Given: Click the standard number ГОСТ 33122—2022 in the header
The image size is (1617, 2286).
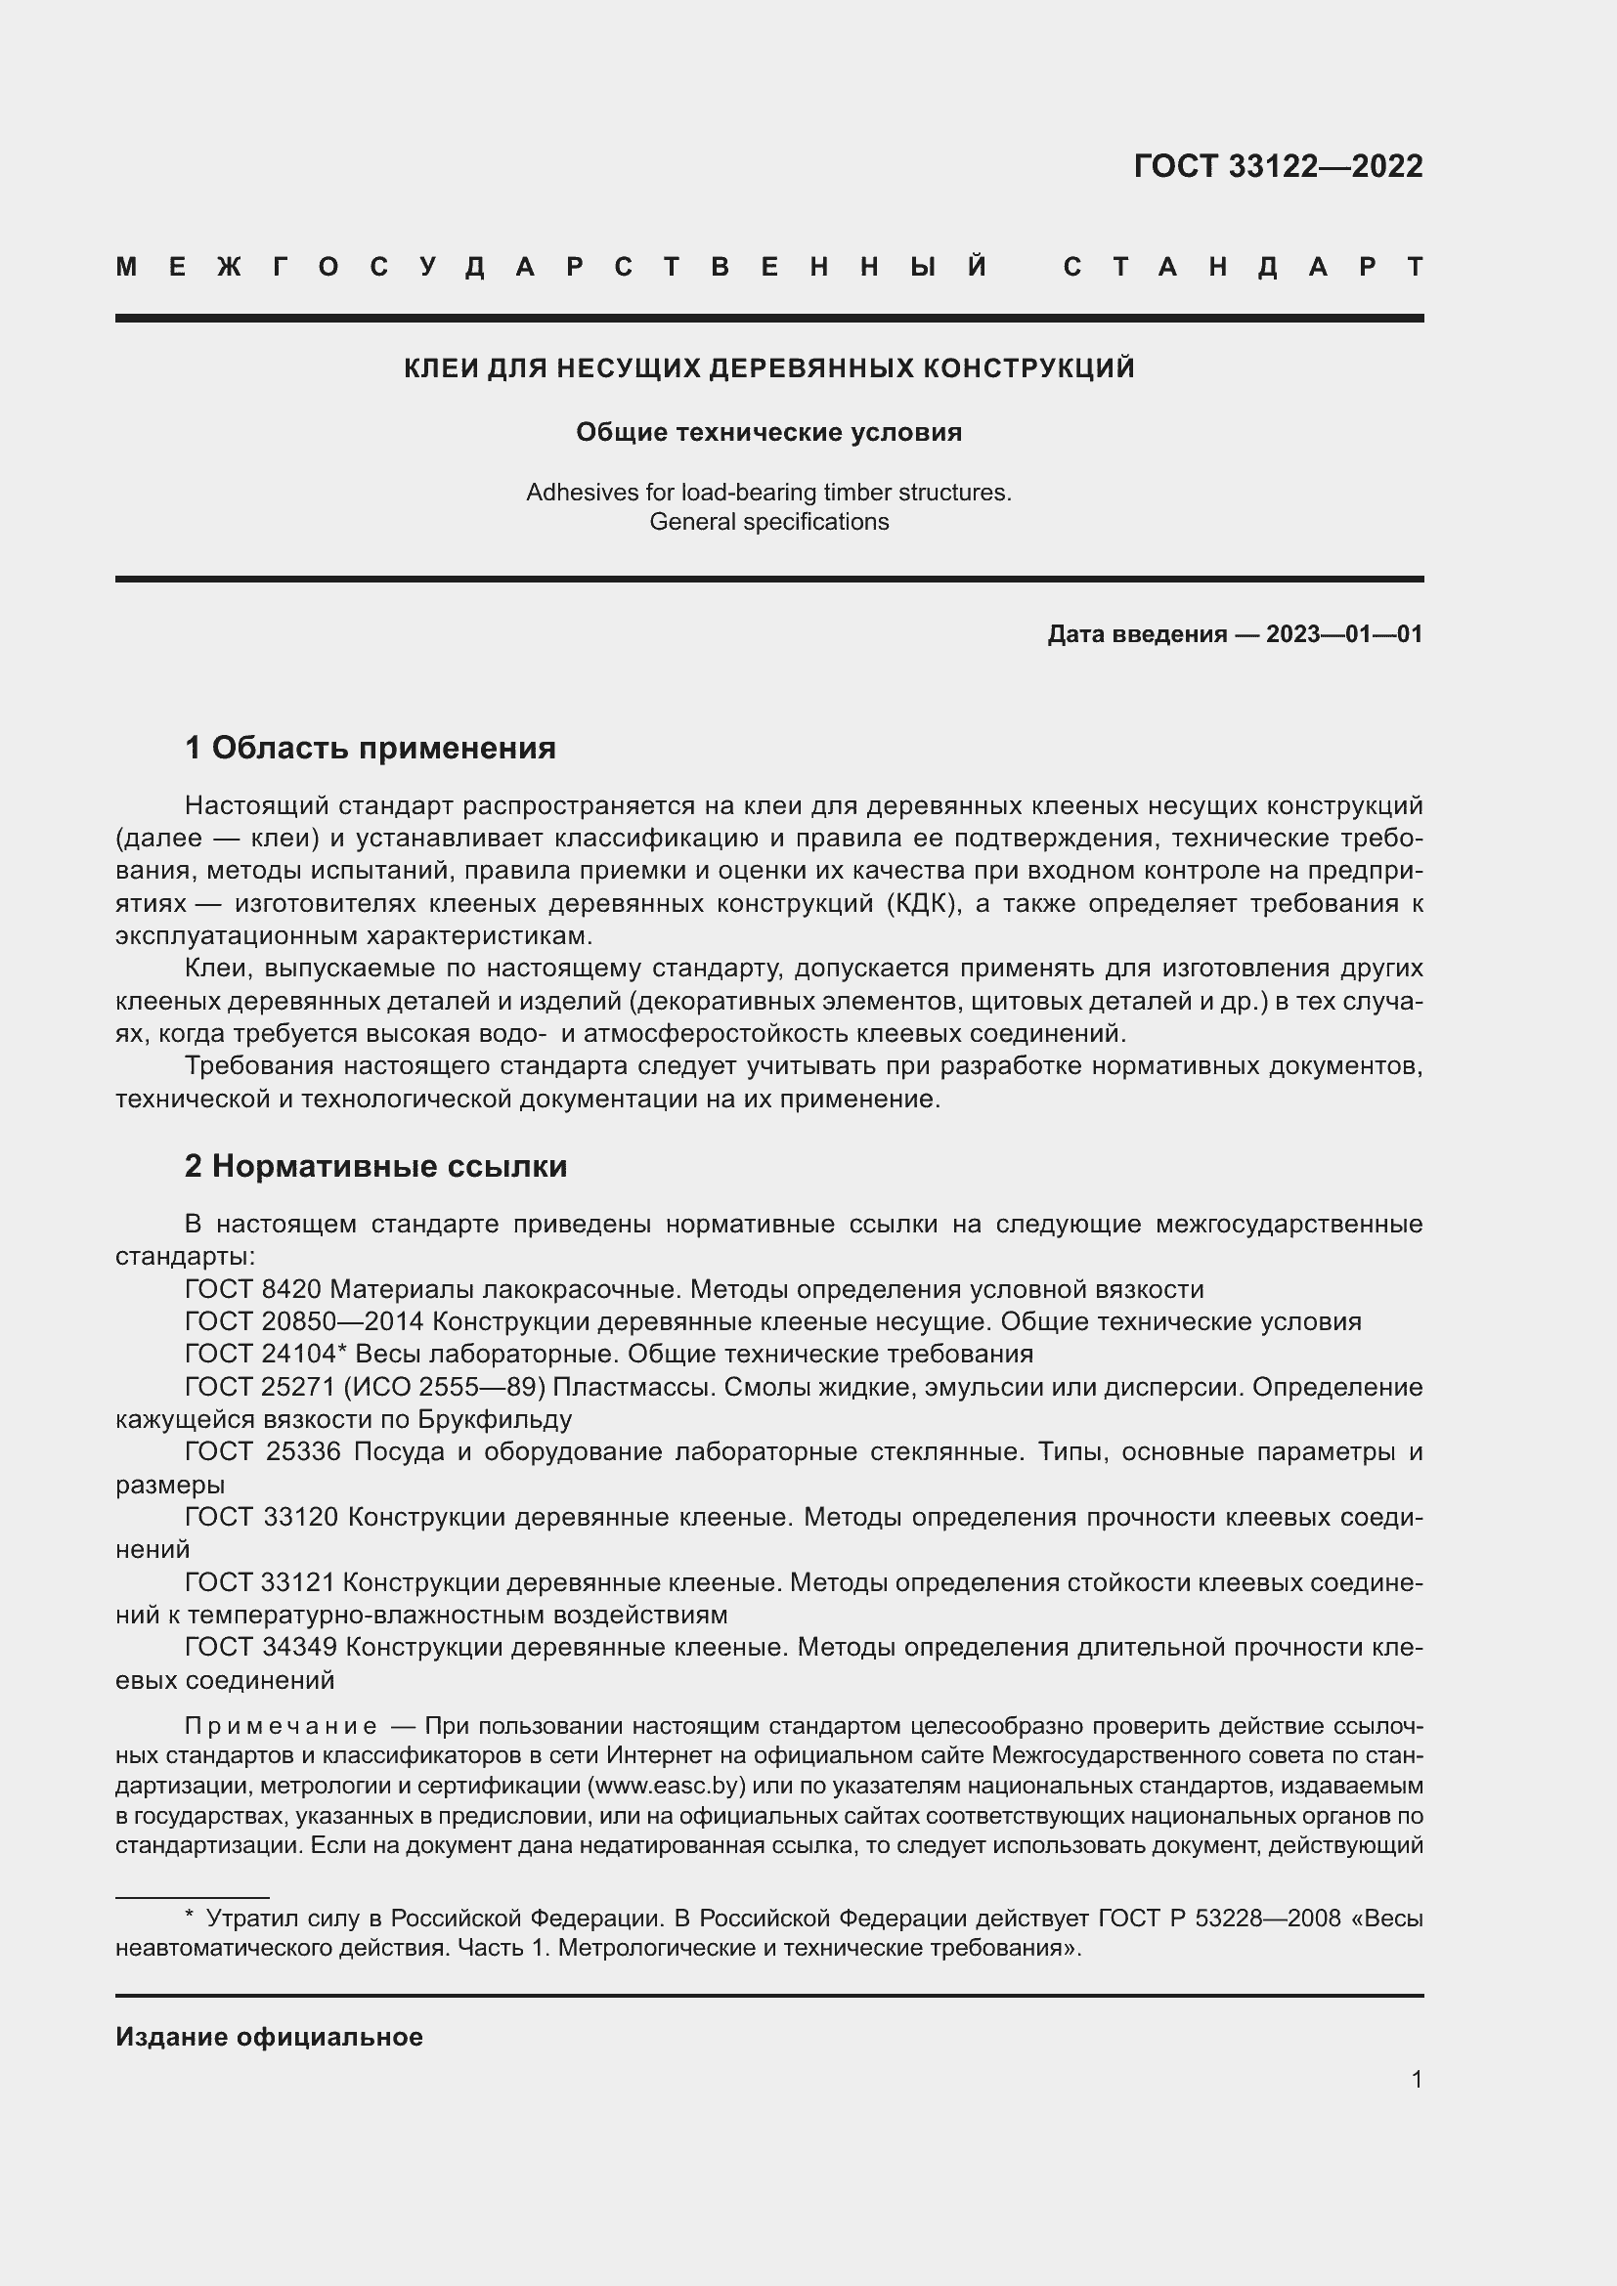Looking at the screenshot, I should point(1278,166).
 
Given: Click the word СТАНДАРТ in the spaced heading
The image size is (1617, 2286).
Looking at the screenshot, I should point(1244,267).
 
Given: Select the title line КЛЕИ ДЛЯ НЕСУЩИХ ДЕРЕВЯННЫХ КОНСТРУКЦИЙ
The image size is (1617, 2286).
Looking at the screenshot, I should point(768,368).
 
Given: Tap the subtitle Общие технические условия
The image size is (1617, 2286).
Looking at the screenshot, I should point(768,432).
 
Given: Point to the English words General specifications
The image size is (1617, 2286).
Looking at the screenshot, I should point(768,522).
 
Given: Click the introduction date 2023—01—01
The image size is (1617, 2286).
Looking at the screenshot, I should point(1343,634).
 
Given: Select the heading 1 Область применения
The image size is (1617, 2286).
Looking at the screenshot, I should point(371,747).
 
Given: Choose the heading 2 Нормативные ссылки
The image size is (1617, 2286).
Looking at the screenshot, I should point(375,1165).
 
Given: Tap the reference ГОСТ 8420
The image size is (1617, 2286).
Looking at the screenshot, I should point(253,1289).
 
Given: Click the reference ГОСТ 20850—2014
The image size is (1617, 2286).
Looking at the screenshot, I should point(305,1322).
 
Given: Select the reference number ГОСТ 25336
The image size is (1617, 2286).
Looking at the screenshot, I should point(263,1451).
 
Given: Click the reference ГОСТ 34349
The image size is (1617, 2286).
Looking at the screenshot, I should point(261,1648).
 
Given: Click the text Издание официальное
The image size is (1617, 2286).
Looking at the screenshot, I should point(269,2037).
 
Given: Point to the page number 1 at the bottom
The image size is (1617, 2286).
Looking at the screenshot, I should point(1416,2079).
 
